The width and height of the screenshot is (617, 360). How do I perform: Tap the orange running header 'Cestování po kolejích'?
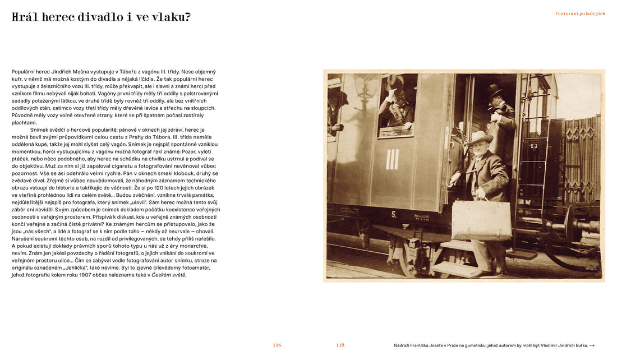pyautogui.click(x=580, y=13)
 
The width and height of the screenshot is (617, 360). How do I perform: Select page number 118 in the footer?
pyautogui.click(x=277, y=345)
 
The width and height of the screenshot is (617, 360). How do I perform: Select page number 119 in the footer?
pyautogui.click(x=340, y=345)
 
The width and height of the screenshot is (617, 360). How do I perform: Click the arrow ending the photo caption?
pyautogui.click(x=592, y=345)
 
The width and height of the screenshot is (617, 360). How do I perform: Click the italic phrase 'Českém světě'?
pyautogui.click(x=169, y=275)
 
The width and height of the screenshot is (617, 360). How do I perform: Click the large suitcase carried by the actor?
pyautogui.click(x=481, y=220)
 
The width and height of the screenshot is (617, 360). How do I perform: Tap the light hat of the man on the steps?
pyautogui.click(x=480, y=136)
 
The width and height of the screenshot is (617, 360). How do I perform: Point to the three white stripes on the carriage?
pyautogui.click(x=392, y=159)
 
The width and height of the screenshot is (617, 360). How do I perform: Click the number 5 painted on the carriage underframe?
pyautogui.click(x=394, y=214)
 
